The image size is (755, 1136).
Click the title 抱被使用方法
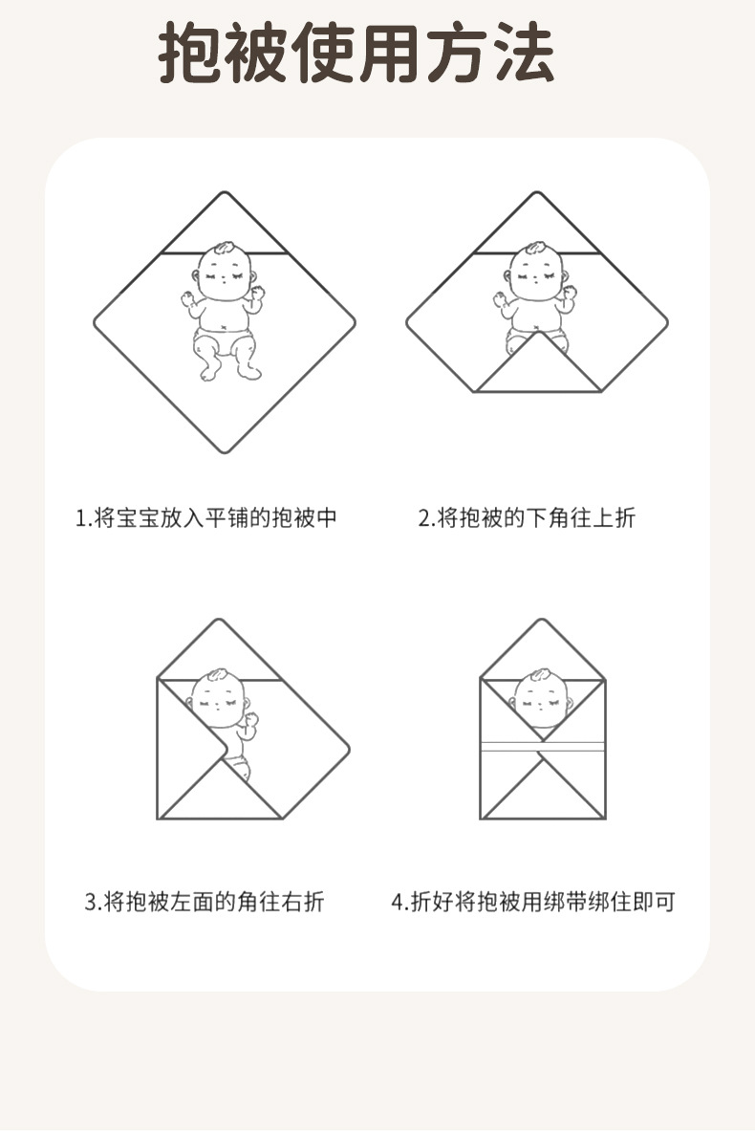tap(356, 55)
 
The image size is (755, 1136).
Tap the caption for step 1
tap(206, 518)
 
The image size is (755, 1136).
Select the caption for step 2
tap(527, 518)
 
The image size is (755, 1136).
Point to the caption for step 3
tap(205, 901)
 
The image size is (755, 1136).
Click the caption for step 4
tap(533, 901)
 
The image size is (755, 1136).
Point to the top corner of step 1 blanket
tap(225, 195)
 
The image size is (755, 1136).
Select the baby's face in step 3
tap(220, 696)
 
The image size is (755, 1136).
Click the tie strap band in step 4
tap(542, 747)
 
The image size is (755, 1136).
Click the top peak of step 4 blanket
tap(542, 622)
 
